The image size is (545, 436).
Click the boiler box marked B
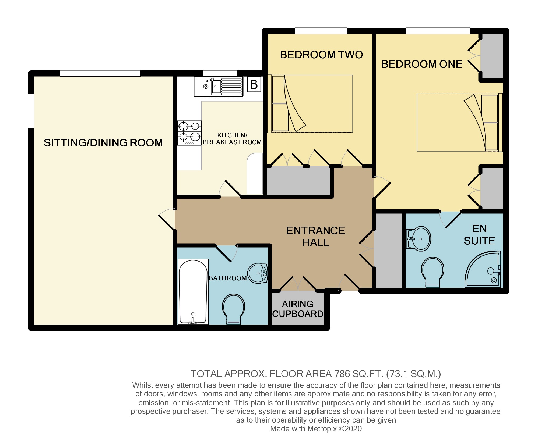[254, 84]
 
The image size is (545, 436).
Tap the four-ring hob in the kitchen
[189, 133]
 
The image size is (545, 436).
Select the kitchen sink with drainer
[218, 87]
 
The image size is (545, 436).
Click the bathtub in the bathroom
[193, 292]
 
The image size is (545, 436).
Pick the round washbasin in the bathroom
[258, 273]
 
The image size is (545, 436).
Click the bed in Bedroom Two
[311, 103]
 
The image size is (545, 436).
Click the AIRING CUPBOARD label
[298, 309]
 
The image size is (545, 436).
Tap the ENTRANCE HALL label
[315, 237]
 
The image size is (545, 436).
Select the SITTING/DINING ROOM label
[103, 143]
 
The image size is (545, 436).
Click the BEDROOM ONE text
[421, 64]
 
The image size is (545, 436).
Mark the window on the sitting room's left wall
[31, 111]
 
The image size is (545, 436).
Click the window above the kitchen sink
[220, 73]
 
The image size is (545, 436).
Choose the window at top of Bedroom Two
[321, 31]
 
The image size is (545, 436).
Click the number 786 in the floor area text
[342, 374]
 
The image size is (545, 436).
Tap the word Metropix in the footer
[322, 429]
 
